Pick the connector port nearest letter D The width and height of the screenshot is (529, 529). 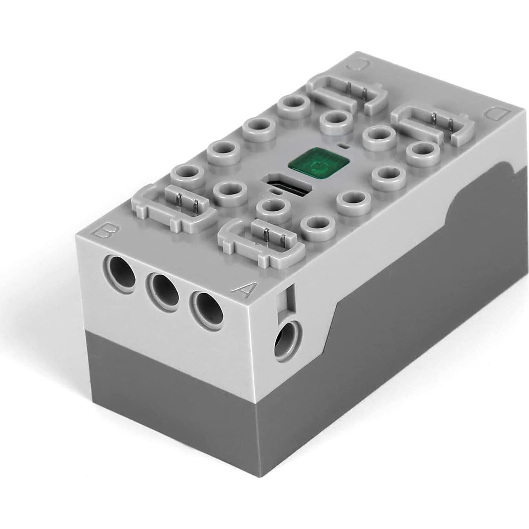click(x=433, y=123)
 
